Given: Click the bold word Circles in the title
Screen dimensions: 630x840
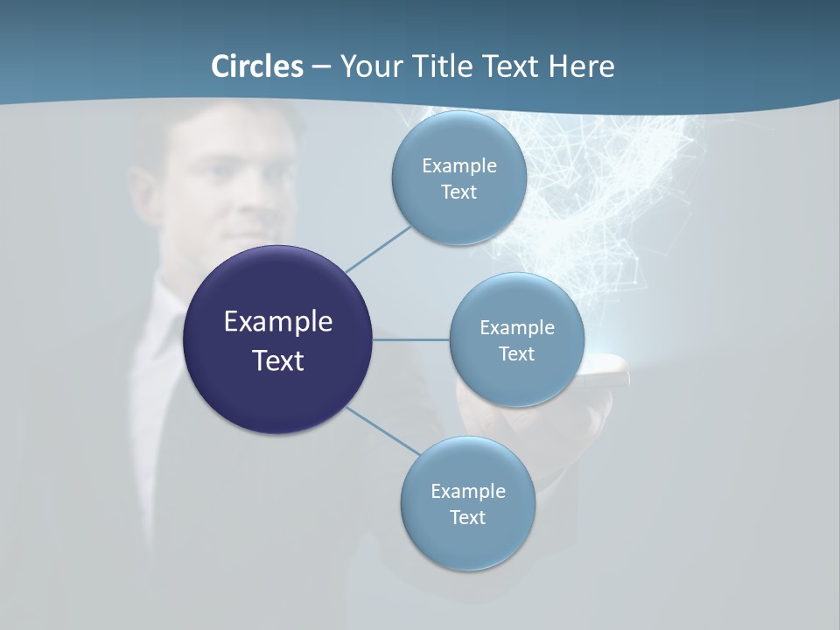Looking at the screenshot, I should coord(257,66).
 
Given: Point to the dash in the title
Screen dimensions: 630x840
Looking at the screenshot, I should coord(321,67).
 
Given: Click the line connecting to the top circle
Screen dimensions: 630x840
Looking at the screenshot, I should coord(378,248).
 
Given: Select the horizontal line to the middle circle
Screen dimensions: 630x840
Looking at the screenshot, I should coord(411,339).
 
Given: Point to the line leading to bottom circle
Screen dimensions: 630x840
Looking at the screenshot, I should coord(383,431).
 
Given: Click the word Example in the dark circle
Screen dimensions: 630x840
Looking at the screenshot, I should coord(277,322).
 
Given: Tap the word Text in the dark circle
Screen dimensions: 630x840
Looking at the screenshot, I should coord(277,360).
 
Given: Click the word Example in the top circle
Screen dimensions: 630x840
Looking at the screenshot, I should coord(458,165).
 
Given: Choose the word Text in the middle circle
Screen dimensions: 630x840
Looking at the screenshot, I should coord(516,353).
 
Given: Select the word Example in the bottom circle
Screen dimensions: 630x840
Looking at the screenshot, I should coord(467,491).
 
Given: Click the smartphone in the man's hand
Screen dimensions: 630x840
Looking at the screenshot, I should coord(608,371).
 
